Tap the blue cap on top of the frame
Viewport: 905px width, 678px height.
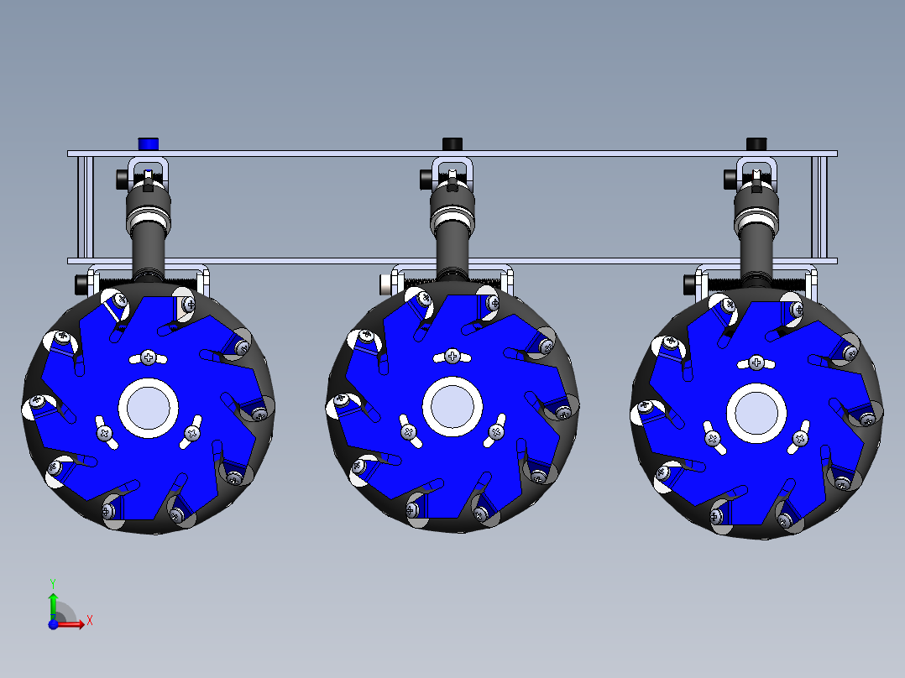click(149, 143)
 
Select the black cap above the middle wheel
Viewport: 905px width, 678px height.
click(452, 143)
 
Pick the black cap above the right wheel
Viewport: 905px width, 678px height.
click(756, 143)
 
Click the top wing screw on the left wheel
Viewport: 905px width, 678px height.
click(149, 357)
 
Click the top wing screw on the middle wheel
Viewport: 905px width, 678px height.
click(452, 357)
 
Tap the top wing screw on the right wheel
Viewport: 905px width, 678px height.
click(756, 362)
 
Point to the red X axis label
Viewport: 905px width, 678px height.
click(89, 620)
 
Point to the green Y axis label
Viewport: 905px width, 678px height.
click(52, 582)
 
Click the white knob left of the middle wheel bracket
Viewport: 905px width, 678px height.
click(385, 283)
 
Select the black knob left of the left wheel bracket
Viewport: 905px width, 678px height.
click(81, 283)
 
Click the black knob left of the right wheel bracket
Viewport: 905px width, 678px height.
click(689, 283)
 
